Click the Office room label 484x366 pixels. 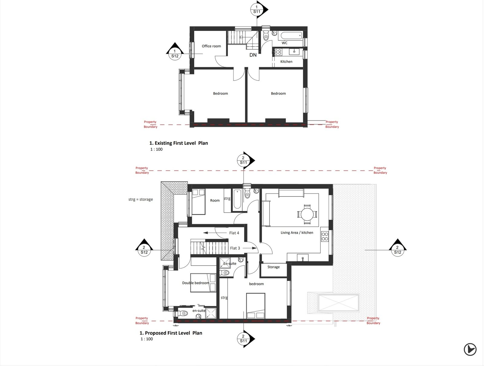[211, 46]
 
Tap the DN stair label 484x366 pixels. [253, 55]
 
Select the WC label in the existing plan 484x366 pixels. [284, 43]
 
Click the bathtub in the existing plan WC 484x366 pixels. [290, 35]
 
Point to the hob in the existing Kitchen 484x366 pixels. [278, 52]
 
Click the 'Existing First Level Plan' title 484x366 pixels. [178, 143]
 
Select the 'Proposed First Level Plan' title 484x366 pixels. [171, 333]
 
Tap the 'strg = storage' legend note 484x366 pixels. [141, 199]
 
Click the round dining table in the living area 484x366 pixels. [307, 214]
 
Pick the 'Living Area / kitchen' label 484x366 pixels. [297, 232]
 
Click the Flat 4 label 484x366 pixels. [234, 233]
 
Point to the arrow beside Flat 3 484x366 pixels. [250, 248]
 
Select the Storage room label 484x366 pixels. [273, 267]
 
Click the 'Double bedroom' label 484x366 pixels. [196, 283]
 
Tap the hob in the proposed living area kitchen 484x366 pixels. [325, 236]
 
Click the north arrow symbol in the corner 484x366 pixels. [470, 349]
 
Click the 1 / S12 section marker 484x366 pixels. [175, 52]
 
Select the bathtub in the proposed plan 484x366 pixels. [237, 199]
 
